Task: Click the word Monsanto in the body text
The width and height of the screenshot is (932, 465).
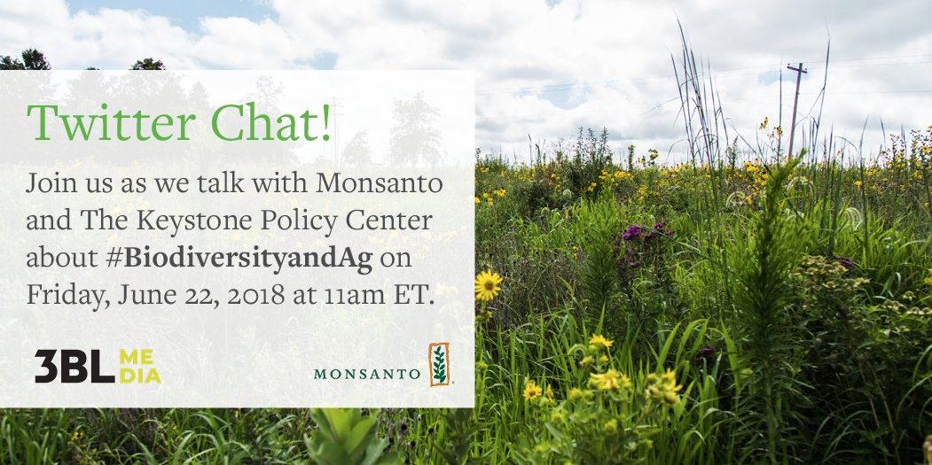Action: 380,183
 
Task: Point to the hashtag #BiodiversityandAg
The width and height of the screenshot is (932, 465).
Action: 242,259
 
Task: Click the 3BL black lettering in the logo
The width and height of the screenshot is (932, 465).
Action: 74,366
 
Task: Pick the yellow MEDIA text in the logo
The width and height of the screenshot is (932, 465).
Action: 140,366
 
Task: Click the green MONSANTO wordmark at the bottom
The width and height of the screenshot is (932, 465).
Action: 367,374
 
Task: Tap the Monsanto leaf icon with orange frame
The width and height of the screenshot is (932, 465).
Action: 439,364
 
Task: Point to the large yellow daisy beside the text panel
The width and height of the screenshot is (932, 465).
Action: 488,285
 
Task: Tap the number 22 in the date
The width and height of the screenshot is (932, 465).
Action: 194,296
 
